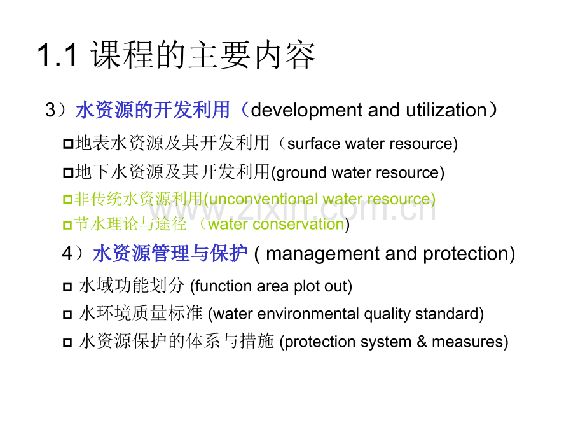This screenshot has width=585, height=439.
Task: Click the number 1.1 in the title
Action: click(x=58, y=55)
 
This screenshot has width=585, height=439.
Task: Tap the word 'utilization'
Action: click(x=446, y=110)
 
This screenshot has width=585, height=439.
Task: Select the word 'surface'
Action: click(x=313, y=144)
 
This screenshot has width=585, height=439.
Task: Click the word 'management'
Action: click(x=323, y=254)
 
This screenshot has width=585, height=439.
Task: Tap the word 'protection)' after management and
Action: click(x=469, y=254)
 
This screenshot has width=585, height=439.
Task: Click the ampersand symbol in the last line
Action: click(x=422, y=342)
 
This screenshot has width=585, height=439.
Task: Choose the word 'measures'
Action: click(x=467, y=342)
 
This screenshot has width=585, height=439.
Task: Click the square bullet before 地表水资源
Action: click(x=68, y=144)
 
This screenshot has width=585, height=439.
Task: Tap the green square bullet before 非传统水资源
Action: click(x=67, y=199)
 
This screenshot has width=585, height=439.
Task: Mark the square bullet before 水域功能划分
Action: click(x=67, y=287)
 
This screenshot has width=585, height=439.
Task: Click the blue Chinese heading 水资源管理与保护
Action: click(x=170, y=254)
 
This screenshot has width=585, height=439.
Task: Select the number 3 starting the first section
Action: click(x=50, y=111)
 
